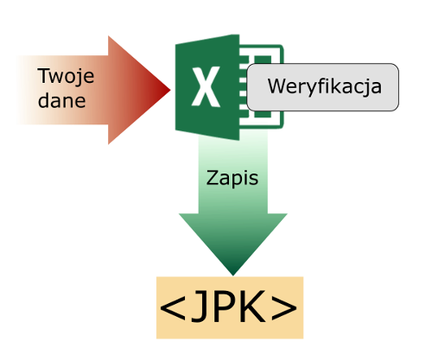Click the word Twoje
pyautogui.click(x=66, y=77)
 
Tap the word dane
pyautogui.click(x=61, y=100)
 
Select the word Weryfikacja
pyautogui.click(x=325, y=86)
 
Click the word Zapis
pyautogui.click(x=232, y=179)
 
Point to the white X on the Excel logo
pyautogui.click(x=206, y=87)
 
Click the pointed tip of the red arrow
pyautogui.click(x=170, y=90)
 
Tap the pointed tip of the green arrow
pyautogui.click(x=233, y=275)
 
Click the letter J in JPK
pyautogui.click(x=201, y=306)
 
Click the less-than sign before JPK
pyautogui.click(x=172, y=307)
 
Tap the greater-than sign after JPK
pyautogui.click(x=284, y=307)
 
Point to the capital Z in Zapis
pyautogui.click(x=212, y=178)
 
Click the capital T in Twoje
pyautogui.click(x=44, y=76)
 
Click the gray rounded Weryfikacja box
pyautogui.click(x=323, y=87)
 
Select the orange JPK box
pyautogui.click(x=230, y=307)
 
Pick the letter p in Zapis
pyautogui.click(x=236, y=180)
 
